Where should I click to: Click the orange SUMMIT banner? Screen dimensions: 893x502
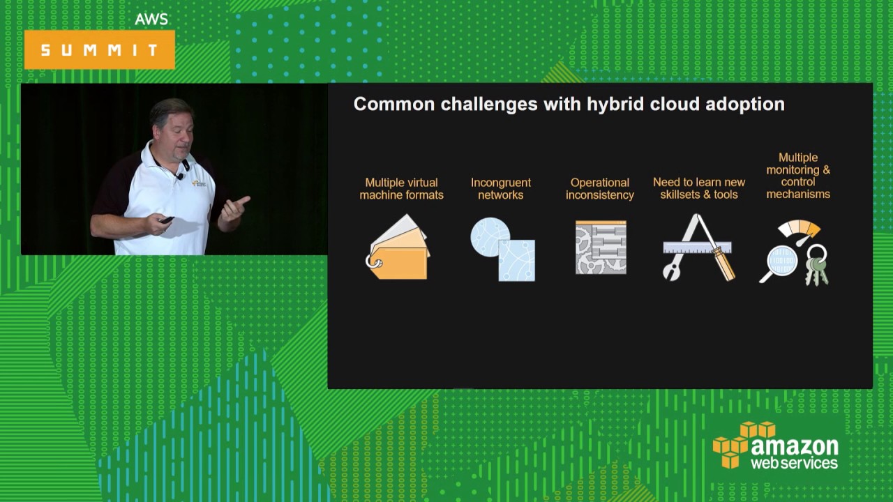pyautogui.click(x=99, y=50)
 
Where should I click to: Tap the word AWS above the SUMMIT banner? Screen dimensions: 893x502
pyautogui.click(x=151, y=19)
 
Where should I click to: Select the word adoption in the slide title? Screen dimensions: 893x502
pyautogui.click(x=745, y=105)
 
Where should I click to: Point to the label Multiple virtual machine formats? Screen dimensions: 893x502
pyautogui.click(x=401, y=188)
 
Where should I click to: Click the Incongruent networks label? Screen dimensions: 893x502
pyautogui.click(x=501, y=188)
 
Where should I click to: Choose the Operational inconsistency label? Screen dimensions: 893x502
pyautogui.click(x=600, y=188)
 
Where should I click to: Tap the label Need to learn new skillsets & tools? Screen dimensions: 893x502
pyautogui.click(x=699, y=188)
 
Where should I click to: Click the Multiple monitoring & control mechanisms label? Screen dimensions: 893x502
pyautogui.click(x=798, y=176)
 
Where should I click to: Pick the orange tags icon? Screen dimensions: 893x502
pyautogui.click(x=398, y=248)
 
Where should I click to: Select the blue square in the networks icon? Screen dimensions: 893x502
pyautogui.click(x=517, y=261)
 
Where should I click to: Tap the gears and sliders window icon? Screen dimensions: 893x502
pyautogui.click(x=601, y=247)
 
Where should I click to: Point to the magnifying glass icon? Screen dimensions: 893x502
pyautogui.click(x=779, y=263)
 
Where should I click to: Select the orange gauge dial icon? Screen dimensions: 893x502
pyautogui.click(x=800, y=230)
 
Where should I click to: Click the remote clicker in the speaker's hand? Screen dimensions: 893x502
pyautogui.click(x=166, y=220)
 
